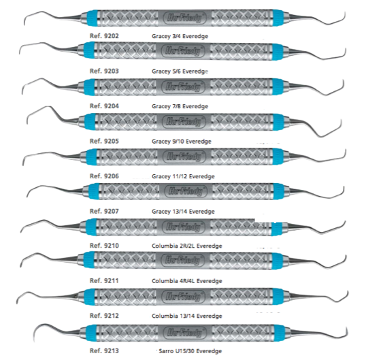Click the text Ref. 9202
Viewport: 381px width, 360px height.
104,36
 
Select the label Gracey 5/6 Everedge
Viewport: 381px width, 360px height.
180,71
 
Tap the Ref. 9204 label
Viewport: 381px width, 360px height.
104,106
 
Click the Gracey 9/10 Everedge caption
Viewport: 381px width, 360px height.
182,142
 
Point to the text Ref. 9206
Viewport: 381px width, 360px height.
104,176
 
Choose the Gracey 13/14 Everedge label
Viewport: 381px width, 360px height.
183,212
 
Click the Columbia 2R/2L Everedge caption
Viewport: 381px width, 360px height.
187,246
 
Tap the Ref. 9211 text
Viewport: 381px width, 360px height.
104,281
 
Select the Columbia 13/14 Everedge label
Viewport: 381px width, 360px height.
187,316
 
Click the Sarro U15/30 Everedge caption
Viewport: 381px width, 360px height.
190,351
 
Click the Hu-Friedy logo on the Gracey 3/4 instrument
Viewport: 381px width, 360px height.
184,18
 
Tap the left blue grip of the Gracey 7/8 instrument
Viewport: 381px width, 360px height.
89,87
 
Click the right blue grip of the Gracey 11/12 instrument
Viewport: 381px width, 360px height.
278,157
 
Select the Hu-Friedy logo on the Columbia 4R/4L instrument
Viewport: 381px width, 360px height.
184,260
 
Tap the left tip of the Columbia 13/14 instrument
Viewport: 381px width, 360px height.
18,301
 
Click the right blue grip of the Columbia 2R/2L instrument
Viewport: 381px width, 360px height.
277,227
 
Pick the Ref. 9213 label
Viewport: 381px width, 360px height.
104,350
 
